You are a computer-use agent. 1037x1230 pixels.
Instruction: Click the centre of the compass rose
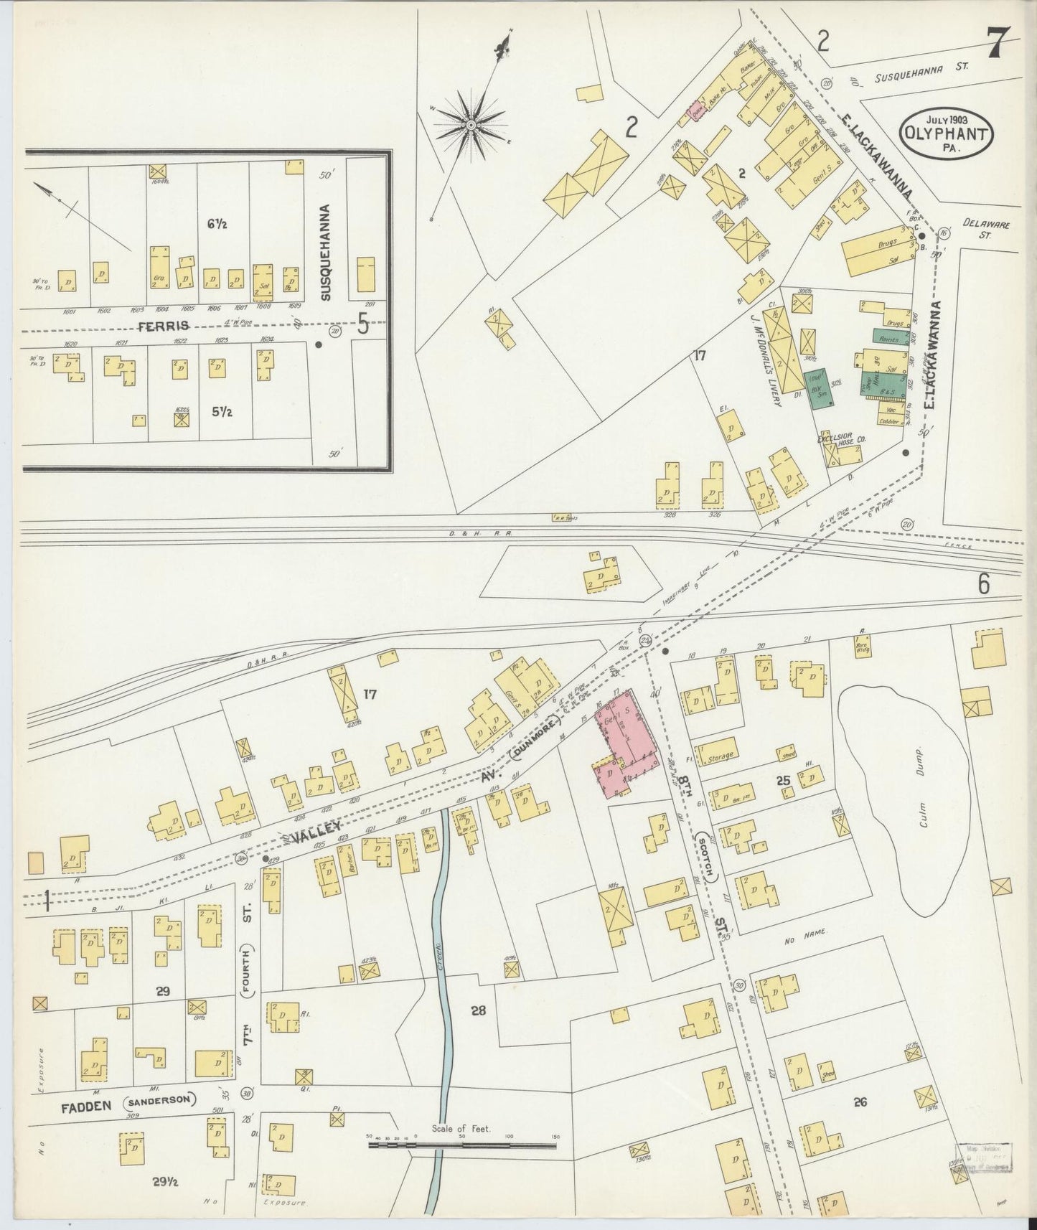[471, 125]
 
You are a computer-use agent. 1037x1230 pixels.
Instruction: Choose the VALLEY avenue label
[316, 832]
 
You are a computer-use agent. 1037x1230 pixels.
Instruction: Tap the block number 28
[479, 1010]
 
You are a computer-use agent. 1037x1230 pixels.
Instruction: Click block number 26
[860, 1102]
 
